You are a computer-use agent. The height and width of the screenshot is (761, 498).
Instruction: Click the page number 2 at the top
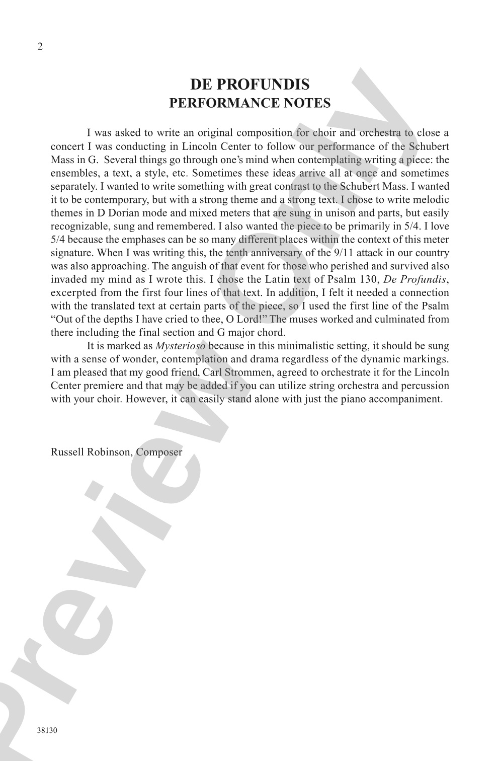pyautogui.click(x=40, y=47)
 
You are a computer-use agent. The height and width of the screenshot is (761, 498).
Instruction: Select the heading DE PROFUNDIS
pyautogui.click(x=250, y=84)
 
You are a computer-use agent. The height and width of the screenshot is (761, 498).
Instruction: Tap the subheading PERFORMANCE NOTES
pyautogui.click(x=250, y=103)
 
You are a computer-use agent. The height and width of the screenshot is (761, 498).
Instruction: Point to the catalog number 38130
pyautogui.click(x=47, y=730)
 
